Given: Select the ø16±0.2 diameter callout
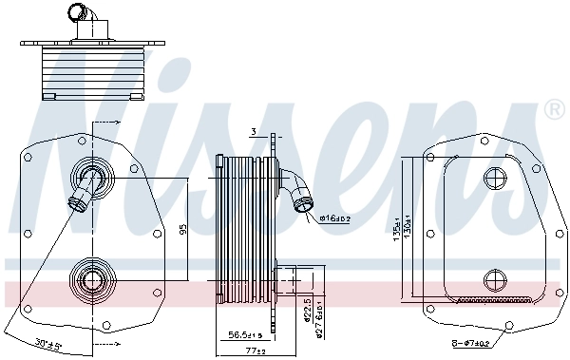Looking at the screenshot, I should [x=335, y=218].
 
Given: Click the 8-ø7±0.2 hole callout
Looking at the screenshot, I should [x=470, y=343].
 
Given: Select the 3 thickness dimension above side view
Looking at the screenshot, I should [x=255, y=131].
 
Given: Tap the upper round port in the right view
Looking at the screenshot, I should [x=496, y=179].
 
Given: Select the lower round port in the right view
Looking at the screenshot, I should [x=496, y=279].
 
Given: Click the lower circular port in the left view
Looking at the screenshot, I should [x=91, y=279].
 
